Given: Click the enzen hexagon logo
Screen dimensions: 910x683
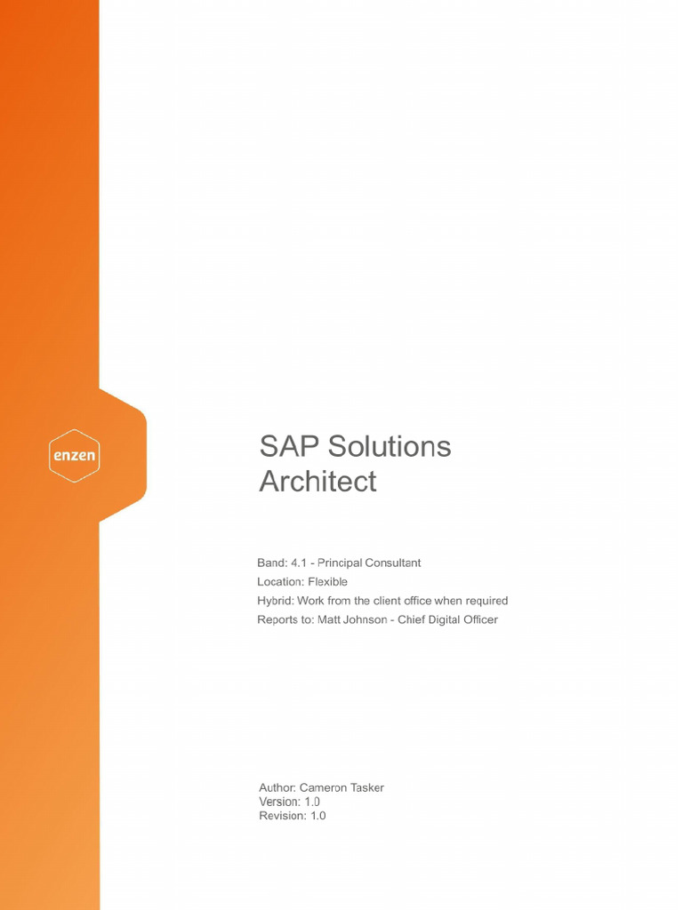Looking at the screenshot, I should pos(74,456).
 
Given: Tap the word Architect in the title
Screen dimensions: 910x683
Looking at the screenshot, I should pos(317,482).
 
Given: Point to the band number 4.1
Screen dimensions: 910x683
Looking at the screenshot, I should pos(300,563).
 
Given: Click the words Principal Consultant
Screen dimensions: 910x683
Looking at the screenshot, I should pos(369,563).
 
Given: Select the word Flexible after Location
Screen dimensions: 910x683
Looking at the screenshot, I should pos(327,582).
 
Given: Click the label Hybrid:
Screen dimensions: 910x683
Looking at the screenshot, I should pos(276,601).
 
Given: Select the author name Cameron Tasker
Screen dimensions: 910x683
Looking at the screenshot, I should pos(341,787).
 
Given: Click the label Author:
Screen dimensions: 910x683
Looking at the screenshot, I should pos(277,787).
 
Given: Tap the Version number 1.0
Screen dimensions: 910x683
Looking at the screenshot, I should pos(312,802).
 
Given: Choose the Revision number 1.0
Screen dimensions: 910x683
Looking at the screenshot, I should pos(317,816).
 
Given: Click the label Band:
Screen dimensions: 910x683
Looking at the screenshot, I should pos(272,563).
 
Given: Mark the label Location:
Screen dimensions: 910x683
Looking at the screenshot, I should pos(281,582).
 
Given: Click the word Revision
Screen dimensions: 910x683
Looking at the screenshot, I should pos(282,816).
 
